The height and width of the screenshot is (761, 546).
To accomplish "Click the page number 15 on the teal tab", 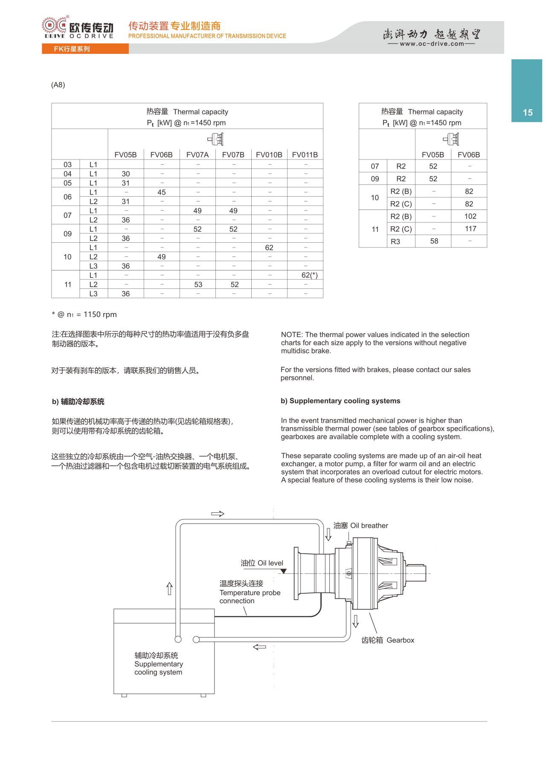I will (x=528, y=113).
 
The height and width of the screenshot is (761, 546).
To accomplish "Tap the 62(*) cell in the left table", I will (x=309, y=275).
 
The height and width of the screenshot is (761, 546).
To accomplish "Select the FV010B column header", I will (x=269, y=155).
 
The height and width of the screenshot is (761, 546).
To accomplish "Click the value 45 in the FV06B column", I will (x=161, y=192).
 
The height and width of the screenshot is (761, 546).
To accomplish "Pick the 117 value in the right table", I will (x=470, y=229).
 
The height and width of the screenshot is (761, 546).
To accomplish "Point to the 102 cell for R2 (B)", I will (x=470, y=216).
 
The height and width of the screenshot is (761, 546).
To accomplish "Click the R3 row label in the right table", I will (x=395, y=241).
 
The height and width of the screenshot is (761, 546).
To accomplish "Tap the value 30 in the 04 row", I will (x=125, y=174).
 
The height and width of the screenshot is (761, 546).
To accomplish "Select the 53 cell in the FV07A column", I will (x=198, y=285).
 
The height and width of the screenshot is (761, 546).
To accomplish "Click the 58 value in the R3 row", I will (x=434, y=241).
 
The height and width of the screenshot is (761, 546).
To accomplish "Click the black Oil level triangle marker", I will (x=283, y=571).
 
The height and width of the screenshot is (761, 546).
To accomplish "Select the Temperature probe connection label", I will (x=250, y=592).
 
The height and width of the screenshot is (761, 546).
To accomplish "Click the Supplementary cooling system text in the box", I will (x=158, y=664).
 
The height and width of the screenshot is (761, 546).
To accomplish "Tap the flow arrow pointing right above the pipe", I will (x=218, y=514).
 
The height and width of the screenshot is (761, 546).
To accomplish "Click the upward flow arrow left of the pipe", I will (x=169, y=589).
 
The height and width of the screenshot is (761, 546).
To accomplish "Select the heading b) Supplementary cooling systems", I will (x=340, y=401).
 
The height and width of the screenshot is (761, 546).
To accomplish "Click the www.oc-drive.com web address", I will (x=431, y=44).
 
